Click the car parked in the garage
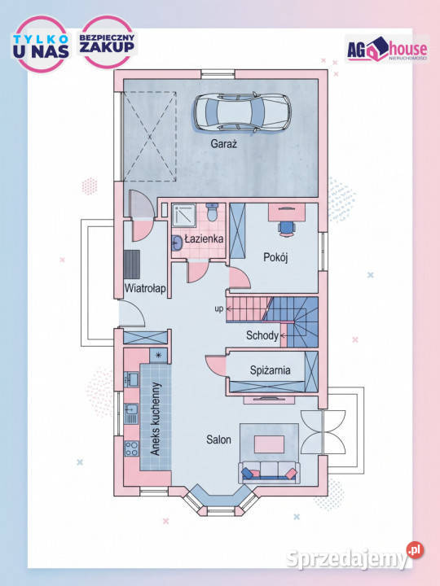pyautogui.click(x=243, y=112)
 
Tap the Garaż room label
pyautogui.click(x=224, y=143)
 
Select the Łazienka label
pyautogui.click(x=205, y=238)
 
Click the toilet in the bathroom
pyautogui.click(x=212, y=212)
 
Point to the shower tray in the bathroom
pyautogui.click(x=183, y=215)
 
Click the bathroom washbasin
pyautogui.click(x=178, y=243)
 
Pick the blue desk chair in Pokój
pyautogui.click(x=287, y=228)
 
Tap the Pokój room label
pyautogui.click(x=275, y=257)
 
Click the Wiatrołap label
pyautogui.click(x=145, y=288)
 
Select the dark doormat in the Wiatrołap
pyautogui.click(x=132, y=265)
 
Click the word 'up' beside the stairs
pyautogui.click(x=219, y=308)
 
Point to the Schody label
pyautogui.click(x=262, y=335)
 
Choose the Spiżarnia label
pyautogui.click(x=271, y=370)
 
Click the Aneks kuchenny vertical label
pyautogui.click(x=156, y=418)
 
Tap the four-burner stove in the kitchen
pyautogui.click(x=131, y=448)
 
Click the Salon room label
pyautogui.click(x=218, y=439)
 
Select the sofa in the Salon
pyautogui.click(x=270, y=471)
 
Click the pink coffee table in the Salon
pyautogui.click(x=269, y=444)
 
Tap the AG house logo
pyautogui.click(x=387, y=49)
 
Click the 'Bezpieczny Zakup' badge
pyautogui.click(x=108, y=42)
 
